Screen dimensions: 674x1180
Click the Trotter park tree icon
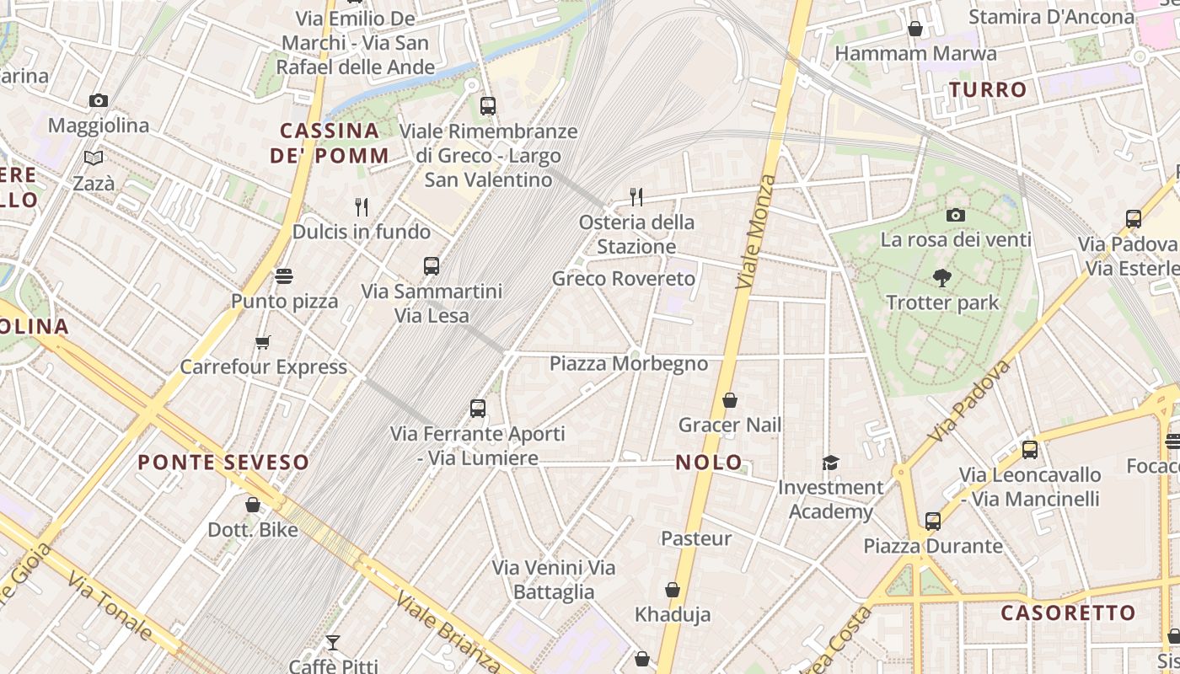coord(942,277)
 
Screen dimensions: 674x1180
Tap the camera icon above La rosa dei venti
coord(955,215)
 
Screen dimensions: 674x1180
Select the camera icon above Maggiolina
coord(99,101)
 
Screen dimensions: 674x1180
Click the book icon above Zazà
coord(94,158)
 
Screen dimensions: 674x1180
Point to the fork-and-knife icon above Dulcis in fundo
coord(362,206)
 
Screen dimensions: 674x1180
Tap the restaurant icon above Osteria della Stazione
coord(636,197)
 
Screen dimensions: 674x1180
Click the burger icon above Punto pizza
coord(284,276)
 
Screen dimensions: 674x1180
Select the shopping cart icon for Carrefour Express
coord(263,342)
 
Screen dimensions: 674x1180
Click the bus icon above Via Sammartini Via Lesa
coord(432,266)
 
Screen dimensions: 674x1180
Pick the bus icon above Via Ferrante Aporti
coord(478,409)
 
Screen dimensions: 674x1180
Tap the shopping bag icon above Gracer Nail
coord(730,400)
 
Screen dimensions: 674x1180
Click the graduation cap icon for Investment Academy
coord(831,463)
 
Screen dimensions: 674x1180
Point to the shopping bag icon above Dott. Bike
coord(253,505)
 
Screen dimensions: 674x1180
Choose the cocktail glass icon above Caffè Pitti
coord(333,643)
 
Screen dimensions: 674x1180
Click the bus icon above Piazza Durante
coord(932,521)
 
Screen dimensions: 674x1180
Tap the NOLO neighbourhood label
coord(709,462)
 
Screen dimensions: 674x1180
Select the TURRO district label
coord(988,89)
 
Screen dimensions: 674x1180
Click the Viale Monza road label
coord(755,232)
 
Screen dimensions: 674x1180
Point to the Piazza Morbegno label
coord(629,364)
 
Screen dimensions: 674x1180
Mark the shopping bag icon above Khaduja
coord(673,590)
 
